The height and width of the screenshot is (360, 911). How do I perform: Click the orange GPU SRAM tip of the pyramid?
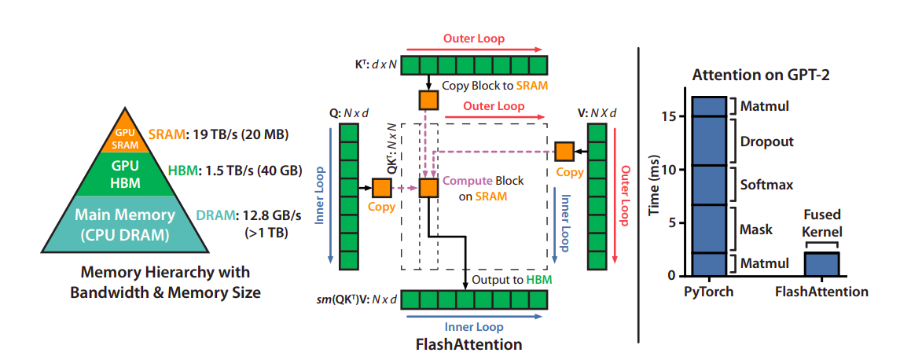tap(125, 140)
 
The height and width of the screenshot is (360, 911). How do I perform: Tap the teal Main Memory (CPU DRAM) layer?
tap(124, 224)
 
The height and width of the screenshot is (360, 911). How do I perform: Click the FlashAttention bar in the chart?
tap(821, 264)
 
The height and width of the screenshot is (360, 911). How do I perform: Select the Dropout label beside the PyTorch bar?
tap(767, 142)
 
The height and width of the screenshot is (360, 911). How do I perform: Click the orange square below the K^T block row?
tap(428, 100)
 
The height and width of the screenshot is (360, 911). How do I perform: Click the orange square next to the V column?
tap(564, 150)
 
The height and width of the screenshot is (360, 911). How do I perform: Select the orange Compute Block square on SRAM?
tap(428, 188)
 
